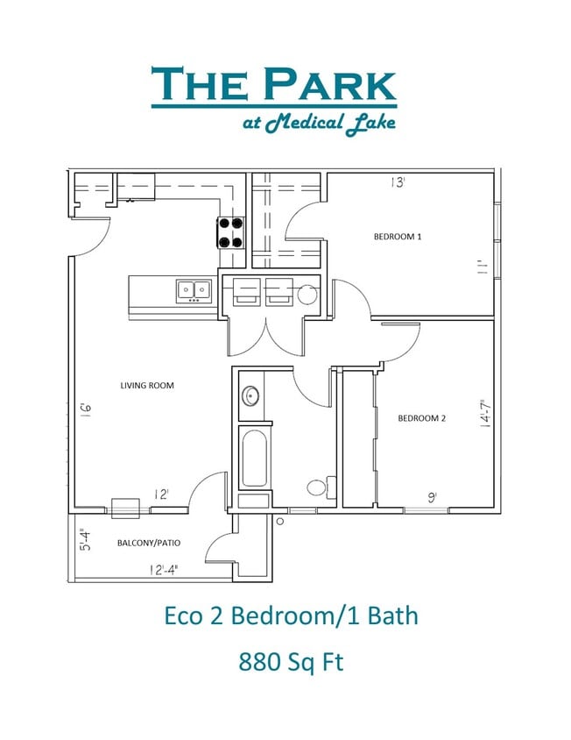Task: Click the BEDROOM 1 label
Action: click(398, 237)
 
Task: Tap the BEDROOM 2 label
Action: click(421, 418)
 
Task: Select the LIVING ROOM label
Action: click(147, 385)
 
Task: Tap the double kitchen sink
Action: click(194, 290)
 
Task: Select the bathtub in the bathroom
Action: click(255, 459)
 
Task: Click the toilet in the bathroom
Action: click(319, 487)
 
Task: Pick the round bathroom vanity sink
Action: click(251, 396)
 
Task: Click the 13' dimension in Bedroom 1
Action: click(398, 183)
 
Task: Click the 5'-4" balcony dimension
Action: click(83, 540)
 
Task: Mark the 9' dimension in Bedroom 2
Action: click(433, 497)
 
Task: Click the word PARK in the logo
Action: click(330, 85)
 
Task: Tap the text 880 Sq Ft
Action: click(291, 661)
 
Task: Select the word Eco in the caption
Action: click(186, 615)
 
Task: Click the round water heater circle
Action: click(307, 294)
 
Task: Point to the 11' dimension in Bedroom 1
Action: click(481, 267)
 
